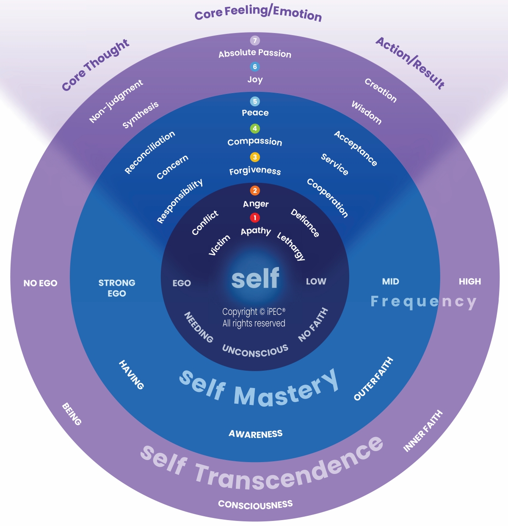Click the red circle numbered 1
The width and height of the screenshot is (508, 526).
pyautogui.click(x=255, y=218)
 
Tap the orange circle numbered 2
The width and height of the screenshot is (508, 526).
pyautogui.click(x=255, y=190)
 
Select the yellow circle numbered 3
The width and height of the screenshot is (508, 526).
pyautogui.click(x=255, y=157)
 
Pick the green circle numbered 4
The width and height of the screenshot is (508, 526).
pyautogui.click(x=255, y=128)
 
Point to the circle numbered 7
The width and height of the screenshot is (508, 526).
pyautogui.click(x=255, y=40)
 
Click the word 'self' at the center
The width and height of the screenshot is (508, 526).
pyautogui.click(x=255, y=278)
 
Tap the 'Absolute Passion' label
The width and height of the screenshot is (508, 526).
pyautogui.click(x=255, y=53)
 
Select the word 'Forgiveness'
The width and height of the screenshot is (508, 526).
pyautogui.click(x=255, y=171)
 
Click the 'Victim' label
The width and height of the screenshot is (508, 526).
pyautogui.click(x=219, y=245)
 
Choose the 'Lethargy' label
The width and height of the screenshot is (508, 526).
pyautogui.click(x=291, y=246)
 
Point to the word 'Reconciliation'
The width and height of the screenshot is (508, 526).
pyautogui.click(x=149, y=152)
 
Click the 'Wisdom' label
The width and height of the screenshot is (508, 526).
pyautogui.click(x=367, y=113)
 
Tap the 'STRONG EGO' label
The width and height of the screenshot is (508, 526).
pyautogui.click(x=117, y=288)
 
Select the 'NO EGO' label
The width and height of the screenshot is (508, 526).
pyautogui.click(x=40, y=283)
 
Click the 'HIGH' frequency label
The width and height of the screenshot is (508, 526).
pyautogui.click(x=470, y=281)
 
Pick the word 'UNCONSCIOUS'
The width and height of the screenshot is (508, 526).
pyautogui.click(x=255, y=351)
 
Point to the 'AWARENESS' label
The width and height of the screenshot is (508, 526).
pyautogui.click(x=255, y=434)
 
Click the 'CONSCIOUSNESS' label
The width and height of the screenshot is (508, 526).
pyautogui.click(x=255, y=504)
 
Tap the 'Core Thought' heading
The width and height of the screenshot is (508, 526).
pyautogui.click(x=96, y=64)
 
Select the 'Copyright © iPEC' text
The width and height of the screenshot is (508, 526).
pyautogui.click(x=254, y=312)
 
